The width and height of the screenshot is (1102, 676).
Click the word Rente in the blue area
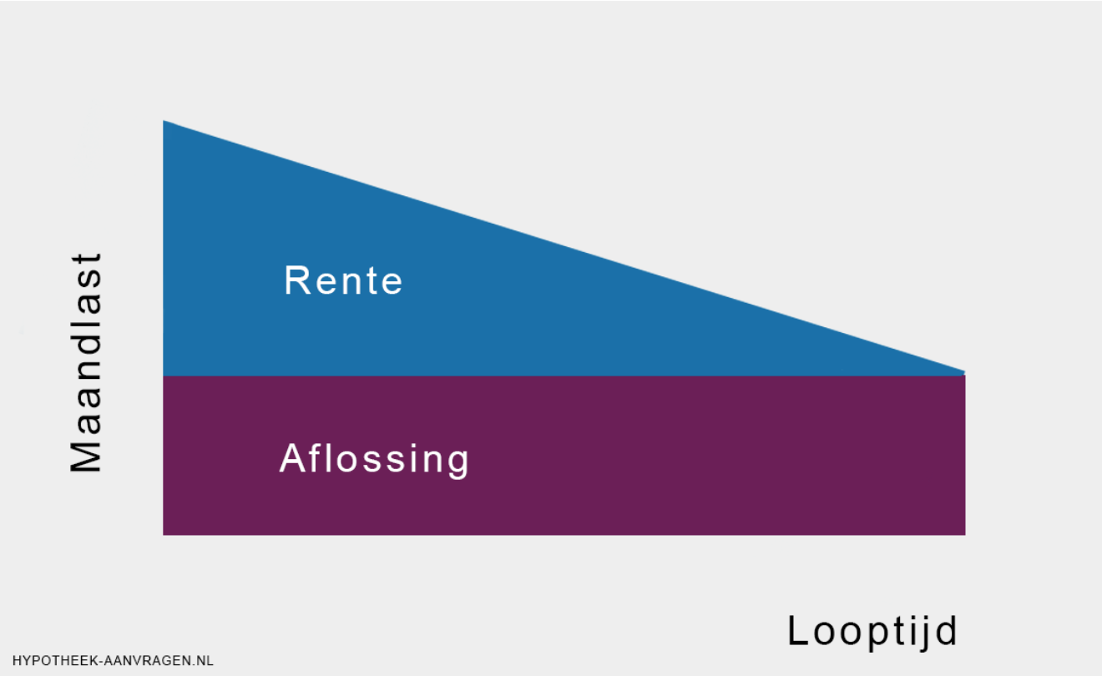[343, 280]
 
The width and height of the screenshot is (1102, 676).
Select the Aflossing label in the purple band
[374, 459]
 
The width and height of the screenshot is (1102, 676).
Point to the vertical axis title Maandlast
[86, 363]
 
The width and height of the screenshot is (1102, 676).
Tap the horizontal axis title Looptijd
[872, 632]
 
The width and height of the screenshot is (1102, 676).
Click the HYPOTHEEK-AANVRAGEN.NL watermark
[114, 661]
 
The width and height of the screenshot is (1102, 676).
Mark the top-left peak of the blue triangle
[164, 121]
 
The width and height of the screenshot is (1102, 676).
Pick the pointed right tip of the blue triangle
[964, 373]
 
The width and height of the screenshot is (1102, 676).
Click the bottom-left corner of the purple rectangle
[164, 534]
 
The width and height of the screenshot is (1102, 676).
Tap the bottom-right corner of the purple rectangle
[965, 534]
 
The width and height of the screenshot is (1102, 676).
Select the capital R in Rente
[297, 280]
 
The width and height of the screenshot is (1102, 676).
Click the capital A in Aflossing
[294, 458]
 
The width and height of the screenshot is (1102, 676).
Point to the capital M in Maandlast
[86, 455]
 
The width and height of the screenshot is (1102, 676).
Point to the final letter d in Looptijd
[946, 630]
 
